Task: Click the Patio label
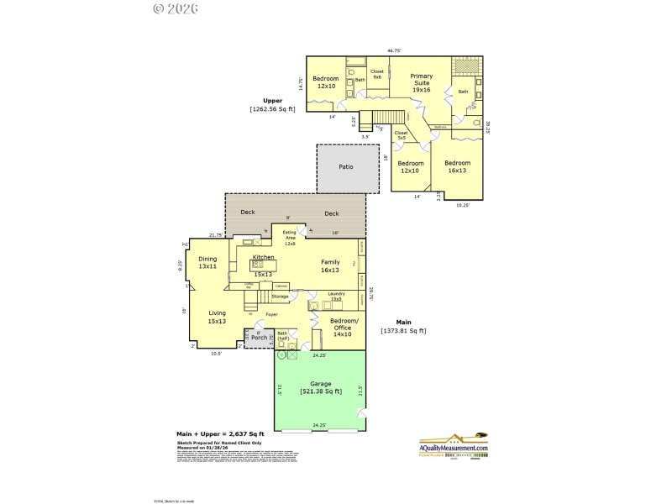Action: click(346, 166)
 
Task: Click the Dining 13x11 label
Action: click(207, 262)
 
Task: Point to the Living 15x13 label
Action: click(218, 317)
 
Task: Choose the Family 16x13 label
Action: click(329, 266)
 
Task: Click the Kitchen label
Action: click(264, 257)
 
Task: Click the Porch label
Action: click(260, 338)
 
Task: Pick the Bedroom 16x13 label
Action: click(457, 166)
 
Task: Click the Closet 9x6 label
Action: click(377, 74)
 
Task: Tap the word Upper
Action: click(271, 100)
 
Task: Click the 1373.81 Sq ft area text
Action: click(403, 330)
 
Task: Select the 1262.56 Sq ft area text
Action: click(272, 109)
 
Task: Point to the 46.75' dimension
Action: click(393, 50)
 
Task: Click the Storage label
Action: click(280, 297)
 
